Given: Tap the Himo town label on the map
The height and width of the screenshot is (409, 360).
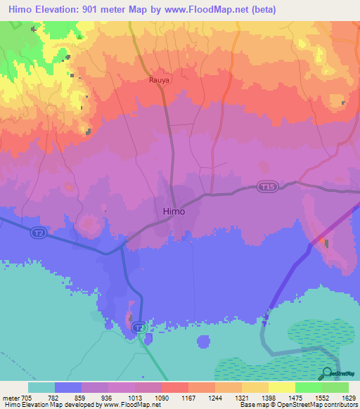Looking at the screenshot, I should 174,211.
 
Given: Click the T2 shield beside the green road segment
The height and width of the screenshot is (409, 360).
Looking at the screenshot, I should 141,327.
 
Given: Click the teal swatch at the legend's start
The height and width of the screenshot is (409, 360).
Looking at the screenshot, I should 41,387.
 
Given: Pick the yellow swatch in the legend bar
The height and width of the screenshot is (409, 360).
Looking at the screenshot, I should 281,387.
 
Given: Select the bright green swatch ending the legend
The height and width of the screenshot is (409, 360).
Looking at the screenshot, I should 335,387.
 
